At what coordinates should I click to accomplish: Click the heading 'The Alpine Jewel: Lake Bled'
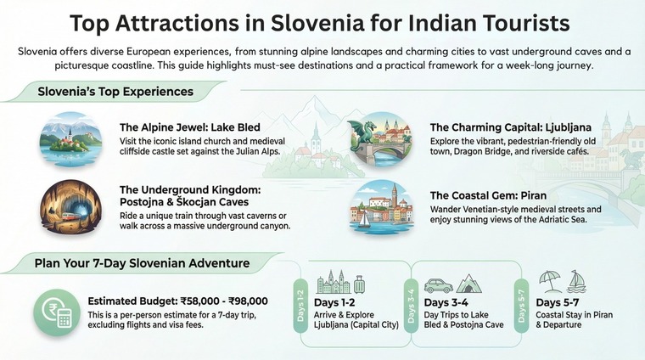190,128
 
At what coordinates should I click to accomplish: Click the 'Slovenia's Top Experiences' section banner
115,91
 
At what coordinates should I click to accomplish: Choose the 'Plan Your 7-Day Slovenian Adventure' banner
143,263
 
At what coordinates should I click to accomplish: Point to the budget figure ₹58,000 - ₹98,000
220,301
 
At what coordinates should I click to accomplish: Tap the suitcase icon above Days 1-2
360,284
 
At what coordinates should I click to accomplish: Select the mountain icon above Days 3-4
469,283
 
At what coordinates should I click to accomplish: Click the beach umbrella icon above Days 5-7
550,281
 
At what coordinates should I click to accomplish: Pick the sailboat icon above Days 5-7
577,281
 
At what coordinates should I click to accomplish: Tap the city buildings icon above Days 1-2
333,282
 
